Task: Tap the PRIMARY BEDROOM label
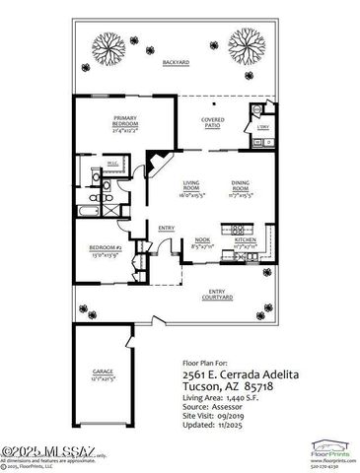124,120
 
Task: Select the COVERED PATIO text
213,120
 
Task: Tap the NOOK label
203,240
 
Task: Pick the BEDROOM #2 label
104,248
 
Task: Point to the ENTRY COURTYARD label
217,294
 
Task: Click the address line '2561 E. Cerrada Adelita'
237,375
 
